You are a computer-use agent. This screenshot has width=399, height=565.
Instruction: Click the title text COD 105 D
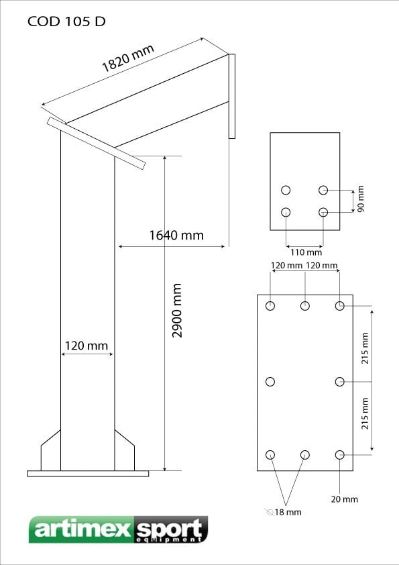click(x=66, y=21)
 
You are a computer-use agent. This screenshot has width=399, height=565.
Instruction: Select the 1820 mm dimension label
click(x=128, y=58)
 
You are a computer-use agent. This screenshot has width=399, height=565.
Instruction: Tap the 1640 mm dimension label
click(x=176, y=236)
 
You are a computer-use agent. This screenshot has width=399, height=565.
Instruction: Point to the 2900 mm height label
click(x=177, y=310)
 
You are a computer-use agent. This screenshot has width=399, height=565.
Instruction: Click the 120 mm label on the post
click(x=87, y=346)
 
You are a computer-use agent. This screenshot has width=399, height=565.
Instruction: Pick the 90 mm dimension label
click(x=361, y=199)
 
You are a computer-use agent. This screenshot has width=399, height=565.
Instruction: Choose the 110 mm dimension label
click(x=306, y=252)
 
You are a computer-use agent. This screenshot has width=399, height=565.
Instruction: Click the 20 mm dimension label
click(x=345, y=499)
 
